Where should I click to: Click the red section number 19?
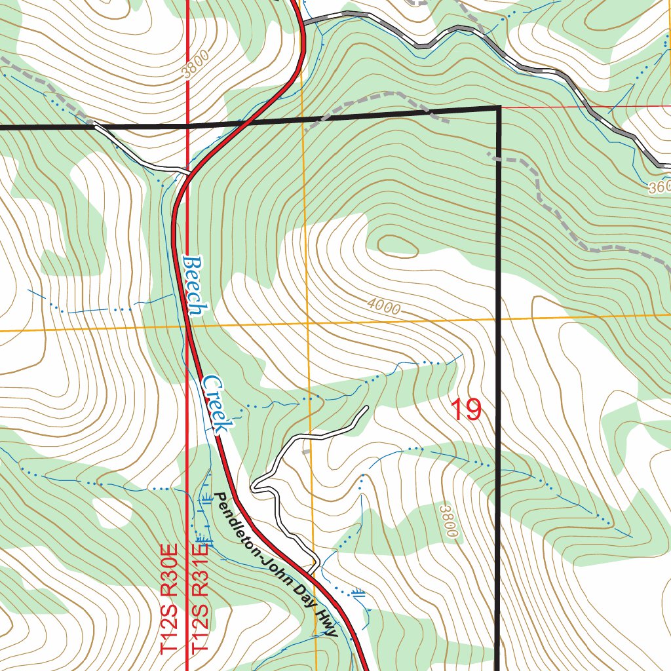pyautogui.click(x=467, y=410)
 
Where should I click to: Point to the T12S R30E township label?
pyautogui.click(x=170, y=597)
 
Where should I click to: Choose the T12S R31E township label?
pyautogui.click(x=200, y=597)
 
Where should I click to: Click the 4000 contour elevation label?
pyautogui.click(x=383, y=306)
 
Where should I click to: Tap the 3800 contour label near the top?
pyautogui.click(x=196, y=64)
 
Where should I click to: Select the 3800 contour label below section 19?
pyautogui.click(x=448, y=521)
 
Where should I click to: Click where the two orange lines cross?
pyautogui.click(x=307, y=324)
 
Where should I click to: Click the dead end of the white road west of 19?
pyautogui.click(x=366, y=408)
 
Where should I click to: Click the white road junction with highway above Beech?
pyautogui.click(x=188, y=173)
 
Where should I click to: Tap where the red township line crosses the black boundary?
pyautogui.click(x=188, y=125)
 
